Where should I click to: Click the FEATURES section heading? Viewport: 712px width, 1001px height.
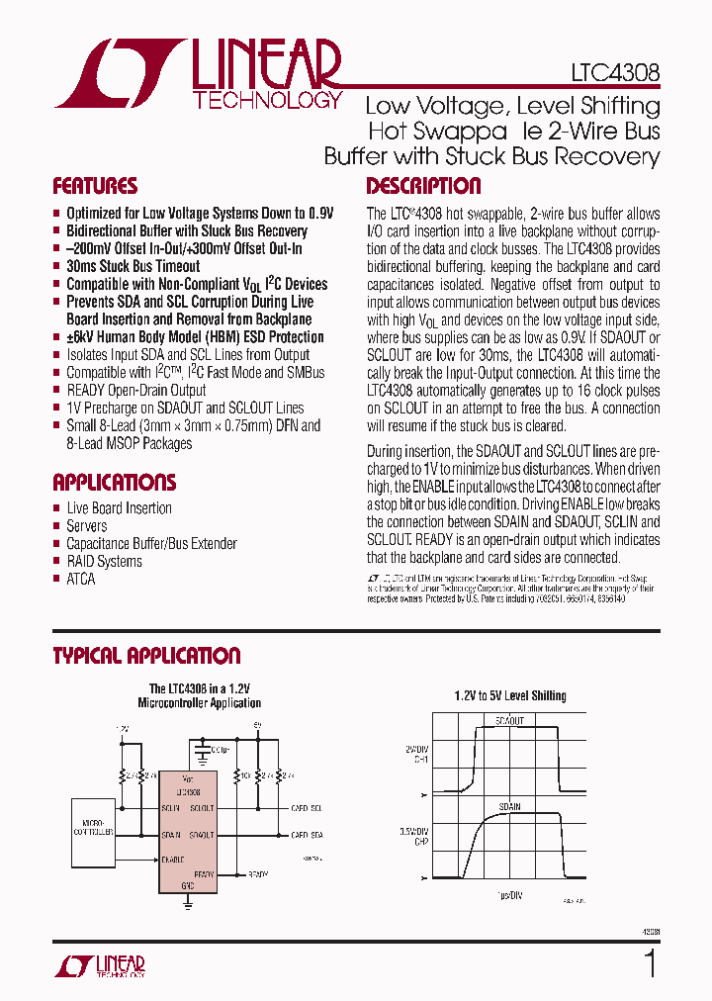95,186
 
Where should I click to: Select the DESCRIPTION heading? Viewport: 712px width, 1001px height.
423,186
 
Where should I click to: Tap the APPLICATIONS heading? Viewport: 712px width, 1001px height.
114,483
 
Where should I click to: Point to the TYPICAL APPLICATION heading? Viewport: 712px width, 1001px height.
145,656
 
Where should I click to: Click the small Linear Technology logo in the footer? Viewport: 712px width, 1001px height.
102,965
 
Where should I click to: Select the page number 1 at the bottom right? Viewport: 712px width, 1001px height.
650,963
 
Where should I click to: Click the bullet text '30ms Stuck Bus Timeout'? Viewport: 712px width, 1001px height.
133,266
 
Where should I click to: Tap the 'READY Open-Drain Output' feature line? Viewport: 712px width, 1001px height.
135,391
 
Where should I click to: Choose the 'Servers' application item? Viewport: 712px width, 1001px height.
87,526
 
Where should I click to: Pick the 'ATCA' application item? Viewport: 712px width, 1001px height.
81,580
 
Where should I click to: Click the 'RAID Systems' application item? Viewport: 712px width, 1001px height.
104,562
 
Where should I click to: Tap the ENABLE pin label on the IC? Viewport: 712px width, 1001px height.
174,859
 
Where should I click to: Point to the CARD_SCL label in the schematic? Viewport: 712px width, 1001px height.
307,808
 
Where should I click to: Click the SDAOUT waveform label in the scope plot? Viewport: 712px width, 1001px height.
508,722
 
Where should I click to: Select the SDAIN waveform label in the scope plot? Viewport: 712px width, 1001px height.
508,807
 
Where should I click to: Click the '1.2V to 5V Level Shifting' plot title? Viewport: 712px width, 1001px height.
509,696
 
